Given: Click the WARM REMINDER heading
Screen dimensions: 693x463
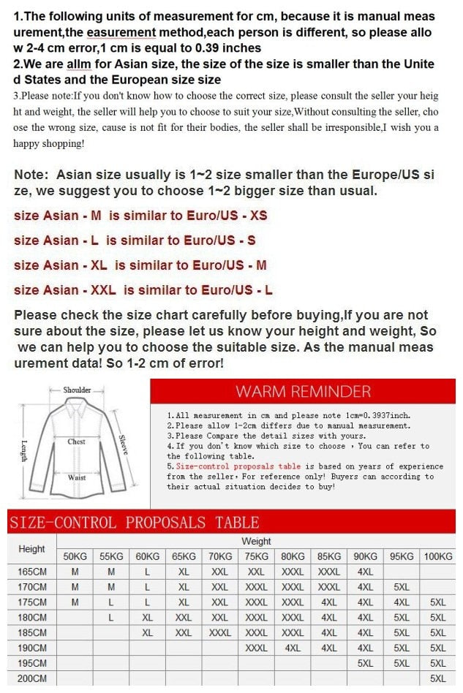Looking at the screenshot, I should [x=303, y=391].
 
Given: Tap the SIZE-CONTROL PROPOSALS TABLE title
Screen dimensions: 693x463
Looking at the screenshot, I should [x=135, y=523].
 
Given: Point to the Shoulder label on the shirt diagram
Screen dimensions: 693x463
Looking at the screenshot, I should [x=77, y=390].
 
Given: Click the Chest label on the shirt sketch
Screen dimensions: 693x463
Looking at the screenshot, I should [x=77, y=442].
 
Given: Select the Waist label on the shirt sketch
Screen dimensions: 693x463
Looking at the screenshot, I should [x=77, y=477].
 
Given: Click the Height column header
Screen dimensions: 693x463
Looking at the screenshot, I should [x=31, y=549].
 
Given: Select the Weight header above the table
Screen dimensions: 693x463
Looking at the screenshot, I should [x=256, y=542].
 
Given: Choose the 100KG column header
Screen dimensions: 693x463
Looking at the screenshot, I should [x=437, y=556].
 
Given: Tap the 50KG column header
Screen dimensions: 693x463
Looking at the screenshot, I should [x=75, y=556].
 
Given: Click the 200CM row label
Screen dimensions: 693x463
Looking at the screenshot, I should [x=31, y=678].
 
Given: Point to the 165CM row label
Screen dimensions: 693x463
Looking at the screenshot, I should [x=31, y=572].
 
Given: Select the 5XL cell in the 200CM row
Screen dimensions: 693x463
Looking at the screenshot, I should [x=437, y=678].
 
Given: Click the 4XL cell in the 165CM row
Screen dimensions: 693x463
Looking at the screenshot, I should [x=365, y=572].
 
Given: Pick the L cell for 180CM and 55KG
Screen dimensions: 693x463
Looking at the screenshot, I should [x=111, y=618].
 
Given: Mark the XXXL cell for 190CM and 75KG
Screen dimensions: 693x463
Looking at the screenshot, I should [x=256, y=648].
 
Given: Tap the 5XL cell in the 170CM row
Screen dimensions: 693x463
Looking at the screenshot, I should [x=402, y=587].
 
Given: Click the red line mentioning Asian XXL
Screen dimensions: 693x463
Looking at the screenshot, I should [x=143, y=290].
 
